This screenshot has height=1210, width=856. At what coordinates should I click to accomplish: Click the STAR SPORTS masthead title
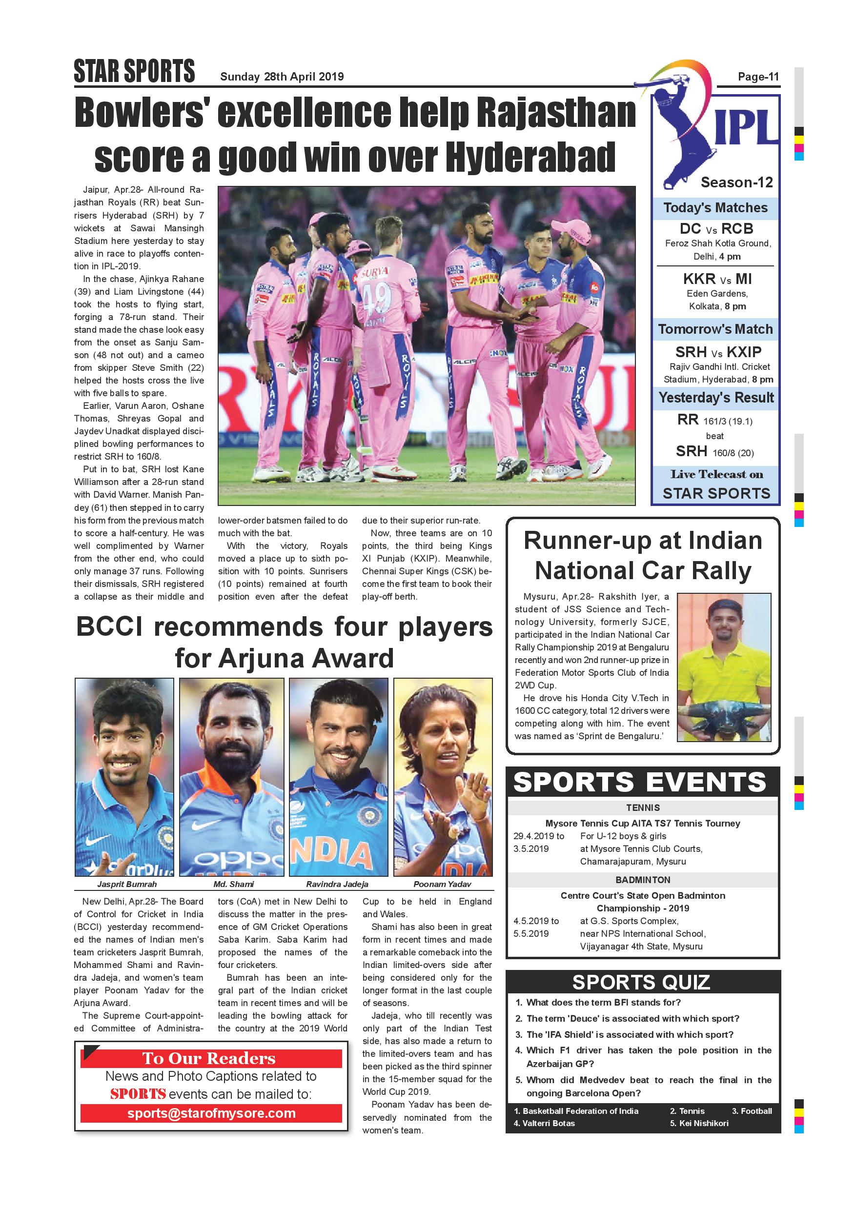134,71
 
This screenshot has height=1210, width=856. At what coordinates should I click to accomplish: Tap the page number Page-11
758,77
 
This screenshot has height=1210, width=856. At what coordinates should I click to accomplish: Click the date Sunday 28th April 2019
282,77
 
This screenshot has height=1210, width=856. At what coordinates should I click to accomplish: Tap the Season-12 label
736,182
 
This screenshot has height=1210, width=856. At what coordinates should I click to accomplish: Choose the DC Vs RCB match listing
716,229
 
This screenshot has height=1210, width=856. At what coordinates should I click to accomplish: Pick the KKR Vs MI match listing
717,279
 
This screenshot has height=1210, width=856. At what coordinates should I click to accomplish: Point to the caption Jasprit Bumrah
127,884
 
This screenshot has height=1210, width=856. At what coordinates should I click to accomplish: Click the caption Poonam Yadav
442,884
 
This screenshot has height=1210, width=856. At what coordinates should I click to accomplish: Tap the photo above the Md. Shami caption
231,777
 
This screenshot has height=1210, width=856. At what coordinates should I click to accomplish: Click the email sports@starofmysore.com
211,1113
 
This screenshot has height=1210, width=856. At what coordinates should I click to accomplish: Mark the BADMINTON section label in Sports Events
643,880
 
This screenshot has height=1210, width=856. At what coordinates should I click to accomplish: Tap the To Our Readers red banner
209,1058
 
